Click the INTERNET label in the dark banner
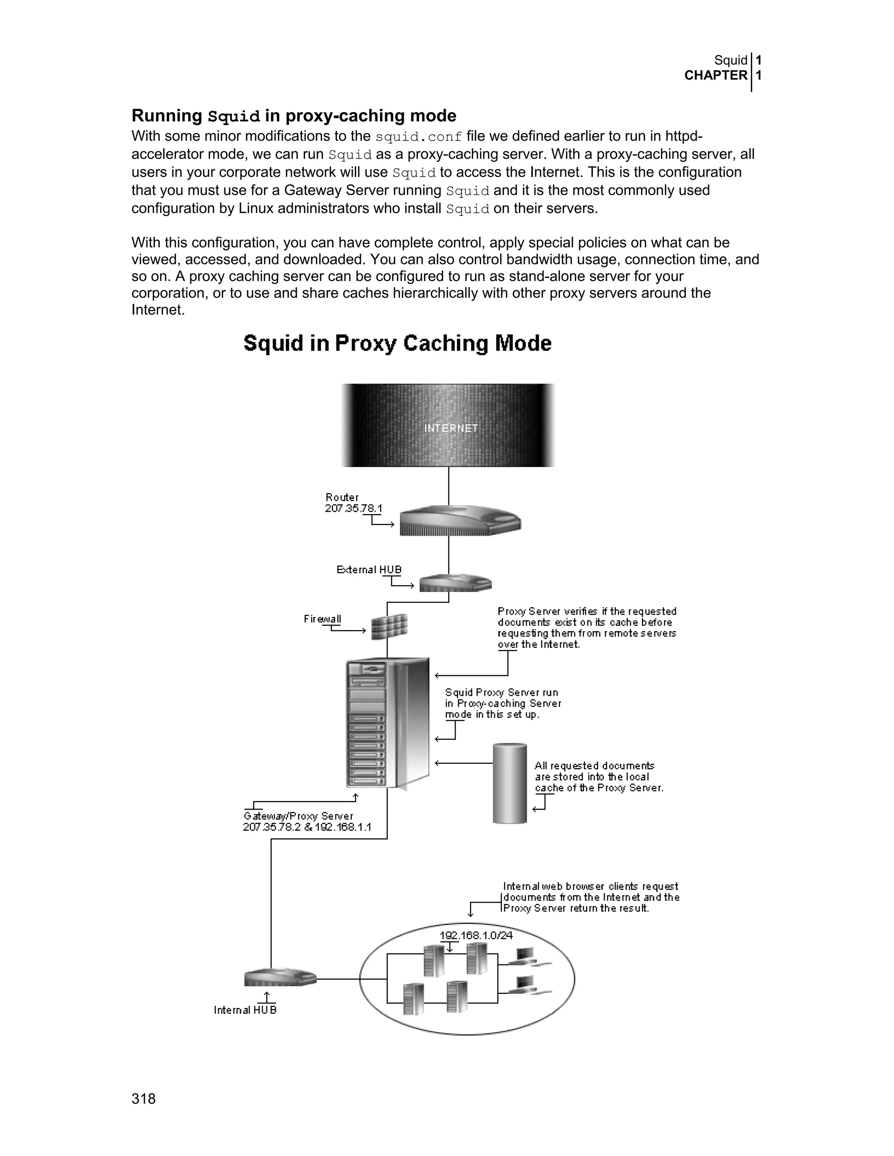(x=450, y=428)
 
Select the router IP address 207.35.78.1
(x=353, y=508)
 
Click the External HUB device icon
(x=455, y=583)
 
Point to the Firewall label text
(x=322, y=619)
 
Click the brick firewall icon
(x=389, y=627)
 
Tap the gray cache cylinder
(x=509, y=784)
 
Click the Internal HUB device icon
(x=280, y=977)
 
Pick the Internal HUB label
(x=245, y=1010)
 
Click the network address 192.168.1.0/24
(x=476, y=935)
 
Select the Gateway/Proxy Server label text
(x=298, y=816)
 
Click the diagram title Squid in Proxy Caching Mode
(x=397, y=343)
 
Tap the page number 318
(x=144, y=1099)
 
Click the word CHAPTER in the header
(x=715, y=75)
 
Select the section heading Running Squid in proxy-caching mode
(x=294, y=116)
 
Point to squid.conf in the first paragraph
(x=418, y=137)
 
